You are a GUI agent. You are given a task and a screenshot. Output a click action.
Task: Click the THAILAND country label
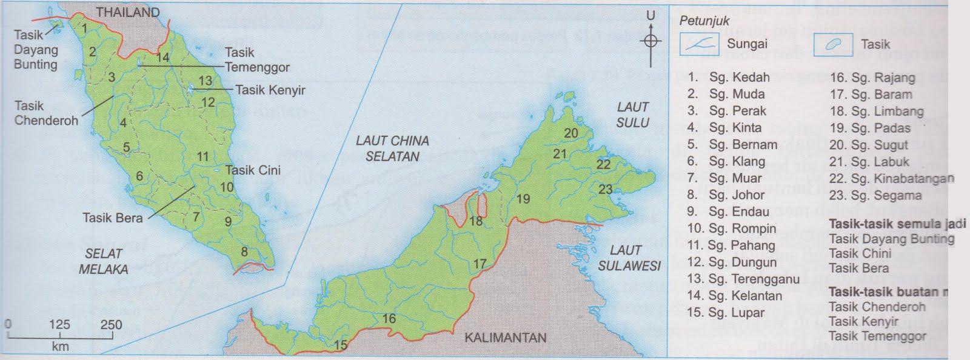tap(128, 12)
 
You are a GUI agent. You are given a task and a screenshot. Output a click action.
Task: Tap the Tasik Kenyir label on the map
tap(270, 90)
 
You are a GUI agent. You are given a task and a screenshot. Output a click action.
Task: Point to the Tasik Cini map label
tap(253, 170)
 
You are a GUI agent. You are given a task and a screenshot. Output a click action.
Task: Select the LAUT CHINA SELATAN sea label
tap(392, 148)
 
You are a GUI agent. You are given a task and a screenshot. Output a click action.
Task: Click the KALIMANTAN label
tap(506, 338)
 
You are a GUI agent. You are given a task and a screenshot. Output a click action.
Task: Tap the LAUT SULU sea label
tap(633, 115)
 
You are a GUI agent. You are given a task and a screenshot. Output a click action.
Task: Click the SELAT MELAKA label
tap(103, 261)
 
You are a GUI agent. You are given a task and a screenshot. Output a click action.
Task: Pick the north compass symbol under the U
tap(651, 41)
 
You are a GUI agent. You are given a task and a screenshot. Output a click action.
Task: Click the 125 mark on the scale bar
tap(60, 325)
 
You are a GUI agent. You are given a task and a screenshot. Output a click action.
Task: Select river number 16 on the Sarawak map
tap(389, 319)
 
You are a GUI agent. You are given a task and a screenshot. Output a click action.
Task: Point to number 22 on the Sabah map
tap(604, 164)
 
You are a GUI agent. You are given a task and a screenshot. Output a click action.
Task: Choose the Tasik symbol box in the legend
tap(833, 44)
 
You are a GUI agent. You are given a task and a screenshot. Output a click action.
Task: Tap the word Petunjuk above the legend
tap(704, 21)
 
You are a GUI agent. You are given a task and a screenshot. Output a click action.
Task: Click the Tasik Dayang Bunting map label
tap(35, 50)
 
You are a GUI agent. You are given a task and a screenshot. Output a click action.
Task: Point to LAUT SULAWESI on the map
tap(629, 258)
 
